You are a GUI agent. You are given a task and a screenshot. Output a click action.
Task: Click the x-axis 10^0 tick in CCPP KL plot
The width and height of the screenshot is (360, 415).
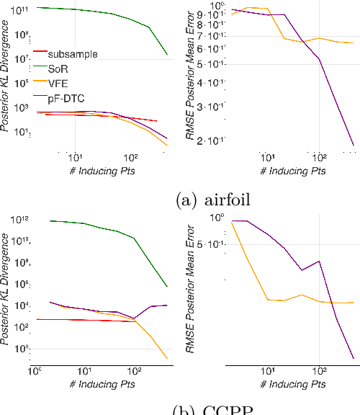34,371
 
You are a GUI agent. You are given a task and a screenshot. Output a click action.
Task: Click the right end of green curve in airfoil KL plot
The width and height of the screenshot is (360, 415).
167,55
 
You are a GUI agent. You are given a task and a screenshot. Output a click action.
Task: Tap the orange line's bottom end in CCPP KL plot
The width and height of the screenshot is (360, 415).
167,358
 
